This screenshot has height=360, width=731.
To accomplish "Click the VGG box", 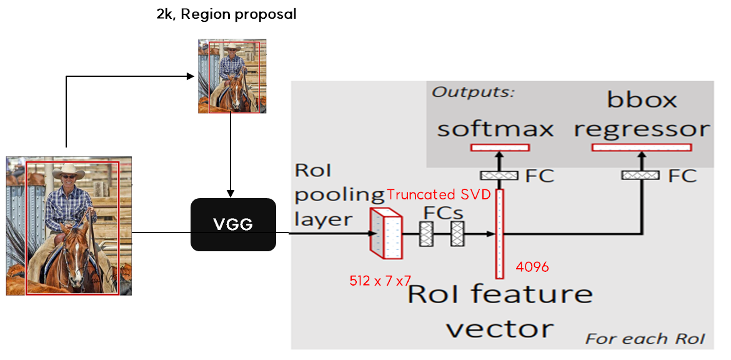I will tap(233, 225).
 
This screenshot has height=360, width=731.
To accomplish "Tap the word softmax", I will tap(495, 129).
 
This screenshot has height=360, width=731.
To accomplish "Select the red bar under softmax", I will tap(500, 147).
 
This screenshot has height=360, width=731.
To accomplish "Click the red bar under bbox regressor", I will tap(642, 147).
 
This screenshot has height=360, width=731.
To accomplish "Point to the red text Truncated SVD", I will tap(439, 194).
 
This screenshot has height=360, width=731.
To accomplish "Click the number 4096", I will tap(532, 267).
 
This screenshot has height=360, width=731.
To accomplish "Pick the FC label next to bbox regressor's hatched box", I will tap(682, 176).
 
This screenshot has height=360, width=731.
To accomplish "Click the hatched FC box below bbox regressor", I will tap(640, 175).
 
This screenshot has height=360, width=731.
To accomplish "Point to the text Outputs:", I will tap(473, 92).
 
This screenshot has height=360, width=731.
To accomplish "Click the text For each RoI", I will tap(645, 339).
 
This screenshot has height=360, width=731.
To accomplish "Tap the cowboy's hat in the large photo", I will tap(69, 171).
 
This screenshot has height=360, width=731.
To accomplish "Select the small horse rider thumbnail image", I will tap(232, 77).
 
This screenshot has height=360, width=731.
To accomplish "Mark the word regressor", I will tap(642, 129).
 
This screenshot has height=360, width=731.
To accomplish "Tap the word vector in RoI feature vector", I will tap(500, 327).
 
